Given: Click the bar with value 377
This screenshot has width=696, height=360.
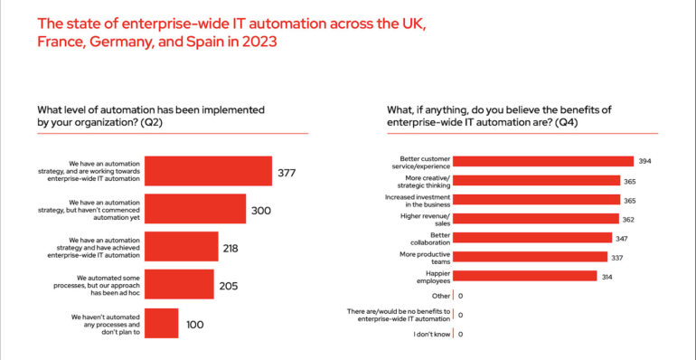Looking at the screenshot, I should pyautogui.click(x=208, y=171).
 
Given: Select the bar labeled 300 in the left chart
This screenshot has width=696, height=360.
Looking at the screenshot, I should pyautogui.click(x=195, y=209).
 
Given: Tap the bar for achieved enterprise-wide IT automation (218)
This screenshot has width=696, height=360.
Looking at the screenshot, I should pyautogui.click(x=181, y=247).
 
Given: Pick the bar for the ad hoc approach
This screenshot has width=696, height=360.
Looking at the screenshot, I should pyautogui.click(x=179, y=285).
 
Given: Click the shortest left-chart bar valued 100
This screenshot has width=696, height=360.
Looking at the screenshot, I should pyautogui.click(x=161, y=323).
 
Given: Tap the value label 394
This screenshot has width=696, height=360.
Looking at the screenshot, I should pyautogui.click(x=644, y=162).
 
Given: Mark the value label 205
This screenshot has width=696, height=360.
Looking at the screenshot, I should pyautogui.click(x=228, y=286).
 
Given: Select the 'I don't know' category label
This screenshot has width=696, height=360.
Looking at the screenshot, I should pyautogui.click(x=432, y=334).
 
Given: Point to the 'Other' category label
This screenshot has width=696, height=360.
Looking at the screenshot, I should pyautogui.click(x=440, y=295).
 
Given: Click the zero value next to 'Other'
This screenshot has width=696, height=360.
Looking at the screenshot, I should pyautogui.click(x=461, y=296).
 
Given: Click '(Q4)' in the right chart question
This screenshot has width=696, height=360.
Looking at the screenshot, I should pyautogui.click(x=565, y=121).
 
